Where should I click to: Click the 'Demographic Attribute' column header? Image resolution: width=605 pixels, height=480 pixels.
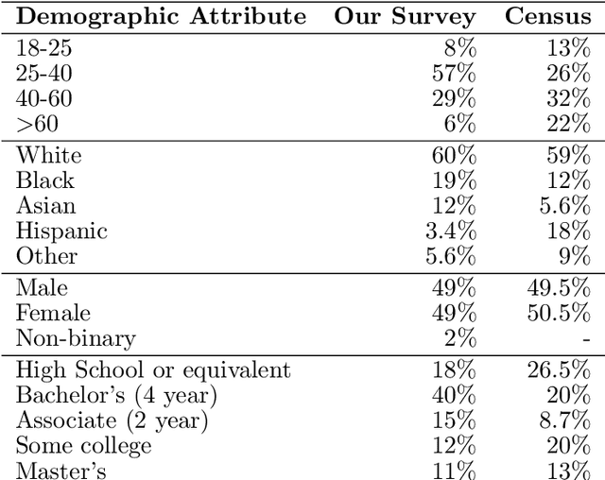pyautogui.click(x=162, y=16)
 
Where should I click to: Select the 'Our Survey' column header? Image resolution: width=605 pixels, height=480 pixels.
pyautogui.click(x=406, y=16)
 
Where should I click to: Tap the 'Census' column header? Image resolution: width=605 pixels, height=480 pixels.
pyautogui.click(x=548, y=16)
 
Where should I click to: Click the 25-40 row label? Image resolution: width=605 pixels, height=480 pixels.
pyautogui.click(x=43, y=73)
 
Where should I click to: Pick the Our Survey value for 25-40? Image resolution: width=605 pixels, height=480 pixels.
pyautogui.click(x=455, y=73)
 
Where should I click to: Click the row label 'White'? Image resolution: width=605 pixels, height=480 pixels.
pyautogui.click(x=49, y=155)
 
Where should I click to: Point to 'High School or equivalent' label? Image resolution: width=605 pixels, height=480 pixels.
pyautogui.click(x=154, y=370)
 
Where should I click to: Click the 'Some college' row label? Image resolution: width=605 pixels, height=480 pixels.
pyautogui.click(x=84, y=446)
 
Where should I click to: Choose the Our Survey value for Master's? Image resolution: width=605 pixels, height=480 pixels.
pyautogui.click(x=455, y=471)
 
